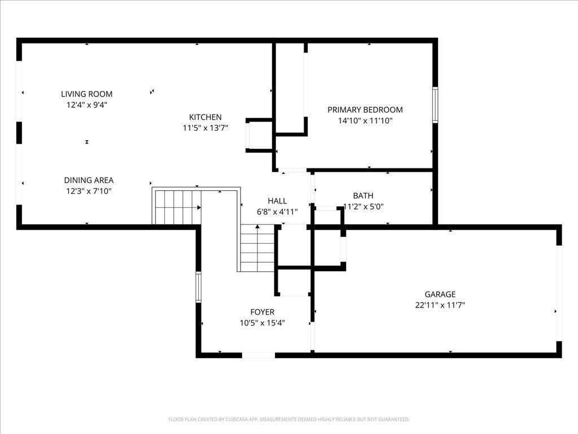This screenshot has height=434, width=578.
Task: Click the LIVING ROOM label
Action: click(x=86, y=94)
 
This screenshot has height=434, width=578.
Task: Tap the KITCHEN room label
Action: click(x=205, y=118)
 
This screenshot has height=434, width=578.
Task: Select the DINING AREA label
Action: click(x=89, y=180)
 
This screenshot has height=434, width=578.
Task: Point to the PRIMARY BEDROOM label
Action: click(x=365, y=110)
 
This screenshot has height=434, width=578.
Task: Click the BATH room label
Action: click(x=363, y=196)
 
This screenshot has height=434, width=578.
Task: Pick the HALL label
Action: click(x=277, y=201)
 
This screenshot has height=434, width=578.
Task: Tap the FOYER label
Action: click(x=262, y=312)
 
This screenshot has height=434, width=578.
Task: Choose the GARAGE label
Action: click(x=440, y=294)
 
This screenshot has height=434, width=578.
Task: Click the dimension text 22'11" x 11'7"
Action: click(x=440, y=305)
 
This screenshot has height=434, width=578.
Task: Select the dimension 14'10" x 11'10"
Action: click(x=365, y=121)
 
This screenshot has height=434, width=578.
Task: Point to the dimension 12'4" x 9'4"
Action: click(x=86, y=105)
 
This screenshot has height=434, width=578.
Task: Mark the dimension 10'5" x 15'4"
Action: click(x=262, y=323)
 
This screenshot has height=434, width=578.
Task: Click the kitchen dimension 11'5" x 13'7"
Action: click(x=205, y=128)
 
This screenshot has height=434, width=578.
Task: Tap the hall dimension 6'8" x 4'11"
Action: click(x=277, y=212)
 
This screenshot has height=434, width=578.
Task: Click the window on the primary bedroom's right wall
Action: click(x=435, y=105)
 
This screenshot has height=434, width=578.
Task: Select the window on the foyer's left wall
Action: click(x=198, y=287)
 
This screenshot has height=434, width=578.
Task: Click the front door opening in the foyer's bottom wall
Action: click(x=259, y=355)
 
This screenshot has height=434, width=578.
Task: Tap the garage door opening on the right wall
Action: click(x=559, y=293)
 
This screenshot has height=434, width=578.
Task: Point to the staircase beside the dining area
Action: click(x=177, y=207)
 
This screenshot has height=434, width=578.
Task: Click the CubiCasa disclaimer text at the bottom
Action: click(x=289, y=420)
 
